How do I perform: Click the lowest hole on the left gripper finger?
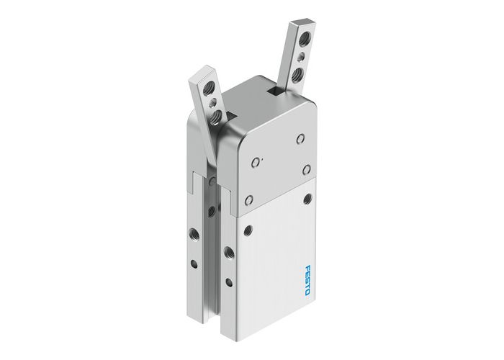(215, 115)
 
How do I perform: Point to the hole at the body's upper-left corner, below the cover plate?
(248, 228)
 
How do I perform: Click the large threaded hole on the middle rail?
(230, 252)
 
